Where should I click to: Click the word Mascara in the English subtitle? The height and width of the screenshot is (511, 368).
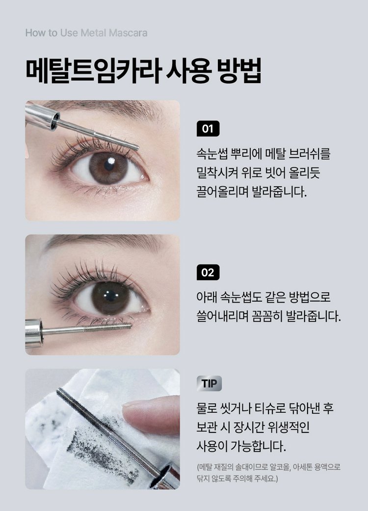coord(128,33)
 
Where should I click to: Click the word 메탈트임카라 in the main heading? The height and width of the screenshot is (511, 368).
coord(92,70)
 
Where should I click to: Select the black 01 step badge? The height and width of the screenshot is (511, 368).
coord(208,129)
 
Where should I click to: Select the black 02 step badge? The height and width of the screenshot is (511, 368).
coord(208,272)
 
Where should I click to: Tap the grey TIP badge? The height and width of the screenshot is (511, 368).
coord(209,383)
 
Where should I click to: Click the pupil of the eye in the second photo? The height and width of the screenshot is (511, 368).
coord(110,296)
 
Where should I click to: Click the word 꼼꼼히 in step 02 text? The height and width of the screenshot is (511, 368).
coord(267,316)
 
